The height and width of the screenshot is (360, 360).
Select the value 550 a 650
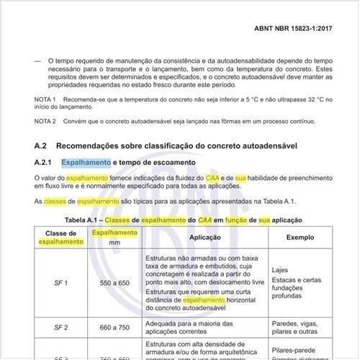114,284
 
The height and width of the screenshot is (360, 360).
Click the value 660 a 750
114,328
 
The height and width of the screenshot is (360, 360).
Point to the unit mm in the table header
114,243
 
